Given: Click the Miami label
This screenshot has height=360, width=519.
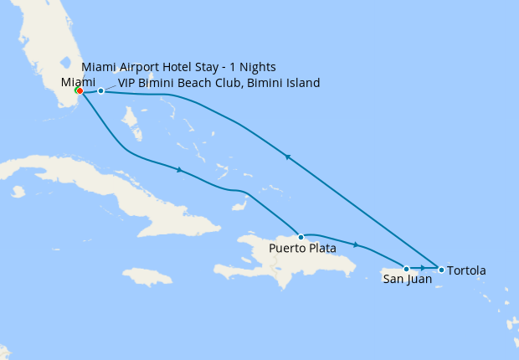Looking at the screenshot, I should (x=79, y=81).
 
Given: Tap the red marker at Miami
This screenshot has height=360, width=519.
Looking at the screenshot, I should (x=78, y=90).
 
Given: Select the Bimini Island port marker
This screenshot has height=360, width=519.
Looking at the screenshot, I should (x=100, y=90).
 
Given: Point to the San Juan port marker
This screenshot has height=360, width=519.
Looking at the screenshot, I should (x=407, y=269).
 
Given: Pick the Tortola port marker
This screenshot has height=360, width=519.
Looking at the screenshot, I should (x=441, y=269).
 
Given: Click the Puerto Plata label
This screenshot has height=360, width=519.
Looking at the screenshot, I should (x=302, y=249).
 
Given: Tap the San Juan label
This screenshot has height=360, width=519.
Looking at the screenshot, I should (x=408, y=280).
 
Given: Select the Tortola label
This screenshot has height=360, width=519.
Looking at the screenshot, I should (x=466, y=271).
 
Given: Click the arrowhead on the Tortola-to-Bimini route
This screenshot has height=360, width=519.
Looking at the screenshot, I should (x=288, y=157).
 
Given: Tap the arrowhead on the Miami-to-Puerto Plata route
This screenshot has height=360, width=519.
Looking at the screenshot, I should (x=178, y=170).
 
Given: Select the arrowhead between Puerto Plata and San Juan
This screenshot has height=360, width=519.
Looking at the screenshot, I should (x=357, y=244).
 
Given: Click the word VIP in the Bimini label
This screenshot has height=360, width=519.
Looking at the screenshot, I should (x=127, y=83).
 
